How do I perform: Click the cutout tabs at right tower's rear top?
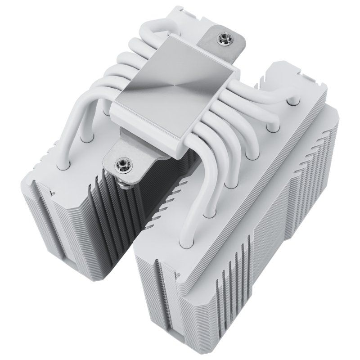click(x=288, y=76)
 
